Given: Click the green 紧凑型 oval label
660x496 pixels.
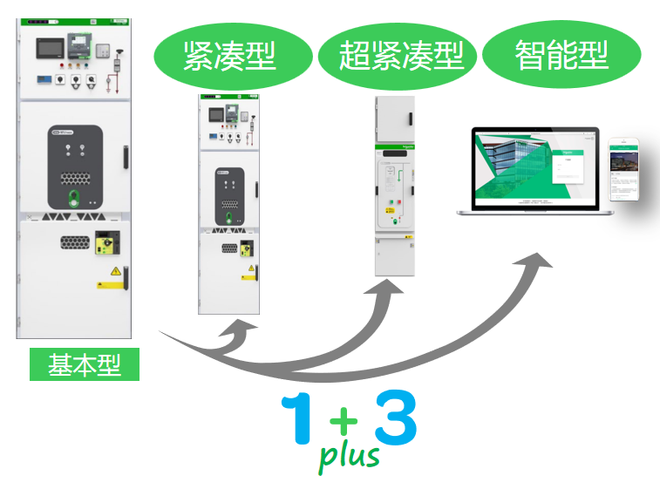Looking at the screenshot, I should [229, 57].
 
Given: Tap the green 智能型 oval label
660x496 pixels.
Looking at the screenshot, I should [561, 57].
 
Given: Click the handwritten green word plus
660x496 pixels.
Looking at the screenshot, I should [349, 455].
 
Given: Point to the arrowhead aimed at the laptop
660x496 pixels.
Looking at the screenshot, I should [538, 262].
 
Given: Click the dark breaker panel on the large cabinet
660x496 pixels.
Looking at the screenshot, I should [76, 166].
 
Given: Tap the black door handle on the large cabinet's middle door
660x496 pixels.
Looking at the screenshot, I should [126, 157].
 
